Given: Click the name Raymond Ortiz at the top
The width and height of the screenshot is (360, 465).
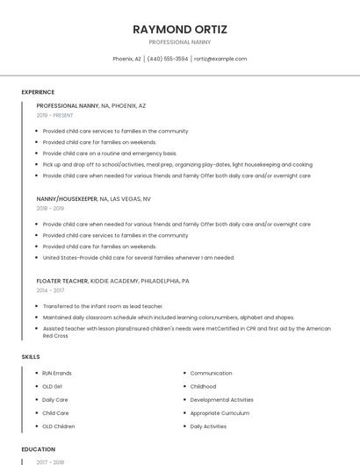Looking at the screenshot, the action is (x=179, y=29).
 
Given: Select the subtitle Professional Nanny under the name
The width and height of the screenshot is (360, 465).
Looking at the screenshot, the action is (x=179, y=42).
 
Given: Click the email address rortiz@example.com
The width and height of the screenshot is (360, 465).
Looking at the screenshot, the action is (x=220, y=59).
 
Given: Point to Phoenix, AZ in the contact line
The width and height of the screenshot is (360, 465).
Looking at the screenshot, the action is (x=126, y=59).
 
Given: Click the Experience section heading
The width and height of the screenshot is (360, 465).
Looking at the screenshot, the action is (x=38, y=92).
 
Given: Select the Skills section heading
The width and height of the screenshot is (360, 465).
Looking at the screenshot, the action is (x=30, y=357).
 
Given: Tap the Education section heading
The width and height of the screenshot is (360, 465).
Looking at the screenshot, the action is (x=39, y=449).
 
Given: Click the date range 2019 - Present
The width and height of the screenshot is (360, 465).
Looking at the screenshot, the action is (x=54, y=115).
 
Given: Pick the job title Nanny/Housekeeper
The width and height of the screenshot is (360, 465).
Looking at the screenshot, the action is (x=67, y=198).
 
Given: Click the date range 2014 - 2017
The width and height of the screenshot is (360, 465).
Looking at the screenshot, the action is (x=50, y=290).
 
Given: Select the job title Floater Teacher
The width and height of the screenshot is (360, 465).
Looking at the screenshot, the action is (x=62, y=281).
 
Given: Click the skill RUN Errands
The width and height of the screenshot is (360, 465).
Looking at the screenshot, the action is (x=57, y=373).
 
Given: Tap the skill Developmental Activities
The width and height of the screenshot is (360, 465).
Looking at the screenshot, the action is (x=221, y=399).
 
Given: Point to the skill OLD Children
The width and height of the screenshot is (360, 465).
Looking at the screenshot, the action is (x=59, y=426).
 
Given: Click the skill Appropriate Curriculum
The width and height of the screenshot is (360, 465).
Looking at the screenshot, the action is (x=220, y=413).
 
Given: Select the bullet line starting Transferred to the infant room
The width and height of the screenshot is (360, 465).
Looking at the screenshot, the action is (x=103, y=306).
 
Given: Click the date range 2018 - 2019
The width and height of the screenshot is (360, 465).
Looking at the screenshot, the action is (x=50, y=208).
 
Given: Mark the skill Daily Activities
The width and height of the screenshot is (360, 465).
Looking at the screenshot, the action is (x=208, y=426).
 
